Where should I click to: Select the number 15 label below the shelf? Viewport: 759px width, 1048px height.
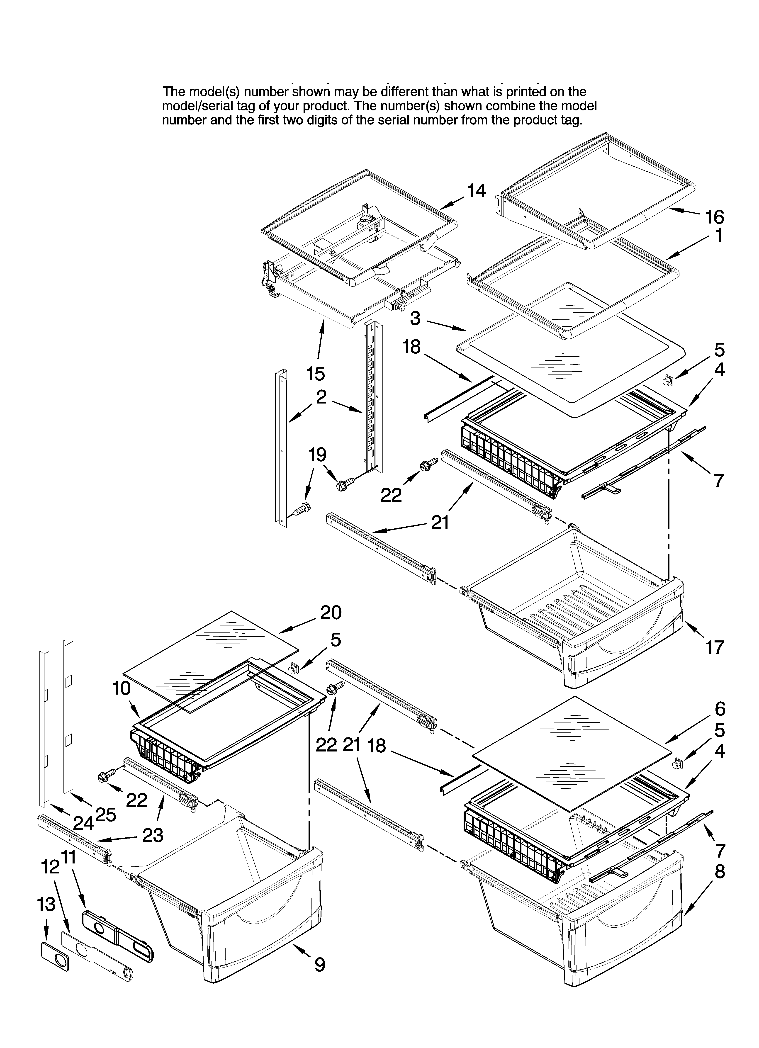click(x=316, y=373)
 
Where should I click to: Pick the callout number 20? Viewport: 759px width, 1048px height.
click(x=331, y=612)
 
